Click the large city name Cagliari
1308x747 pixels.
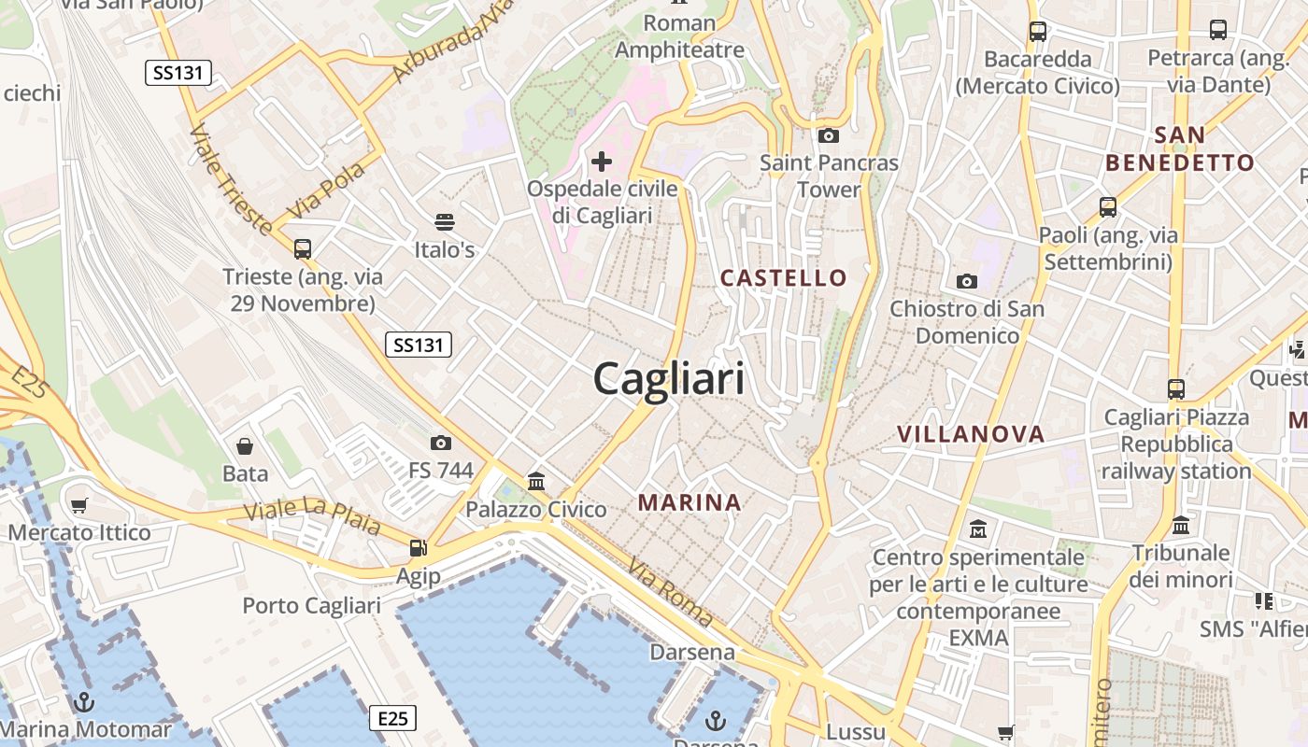point(669,380)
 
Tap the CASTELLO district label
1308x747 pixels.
point(783,277)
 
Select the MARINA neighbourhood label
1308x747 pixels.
point(690,502)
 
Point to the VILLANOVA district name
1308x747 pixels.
point(971,434)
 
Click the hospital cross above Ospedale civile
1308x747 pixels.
point(602,162)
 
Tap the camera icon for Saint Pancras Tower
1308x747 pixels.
point(828,136)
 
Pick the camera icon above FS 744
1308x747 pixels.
point(441,443)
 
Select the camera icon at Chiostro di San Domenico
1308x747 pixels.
point(967,281)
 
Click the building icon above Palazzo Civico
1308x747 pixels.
point(536,482)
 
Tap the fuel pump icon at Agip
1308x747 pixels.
point(418,548)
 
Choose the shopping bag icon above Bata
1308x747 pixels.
point(245,446)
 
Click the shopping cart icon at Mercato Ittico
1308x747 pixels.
point(79,505)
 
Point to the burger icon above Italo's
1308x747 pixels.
point(445,222)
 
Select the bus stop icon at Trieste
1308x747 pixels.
point(302,249)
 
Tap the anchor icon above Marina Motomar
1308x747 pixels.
point(85,701)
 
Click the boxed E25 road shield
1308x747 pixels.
point(392,718)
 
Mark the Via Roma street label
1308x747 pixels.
point(670,592)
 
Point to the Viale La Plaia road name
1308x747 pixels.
point(312,516)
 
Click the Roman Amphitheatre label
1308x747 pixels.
point(679,36)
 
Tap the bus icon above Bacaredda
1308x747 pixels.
point(1037,31)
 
